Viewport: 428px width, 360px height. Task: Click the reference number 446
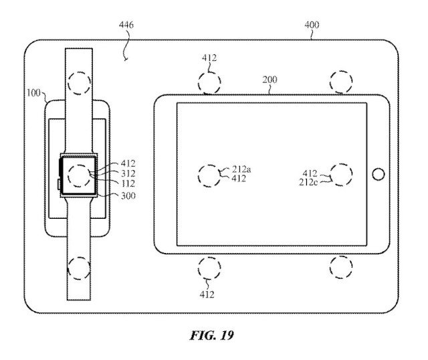click(x=126, y=25)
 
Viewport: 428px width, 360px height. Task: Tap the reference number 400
click(x=312, y=25)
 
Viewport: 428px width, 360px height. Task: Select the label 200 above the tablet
click(x=270, y=80)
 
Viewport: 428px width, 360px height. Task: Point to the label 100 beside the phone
click(x=33, y=93)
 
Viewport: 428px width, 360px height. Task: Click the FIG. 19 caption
click(x=212, y=335)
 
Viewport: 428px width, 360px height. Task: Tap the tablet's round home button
click(x=379, y=174)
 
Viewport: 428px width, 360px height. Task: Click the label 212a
click(x=241, y=169)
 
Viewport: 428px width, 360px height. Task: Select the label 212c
click(x=308, y=182)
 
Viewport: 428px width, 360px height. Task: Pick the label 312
click(x=128, y=173)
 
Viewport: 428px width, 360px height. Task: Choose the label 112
click(x=128, y=183)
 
